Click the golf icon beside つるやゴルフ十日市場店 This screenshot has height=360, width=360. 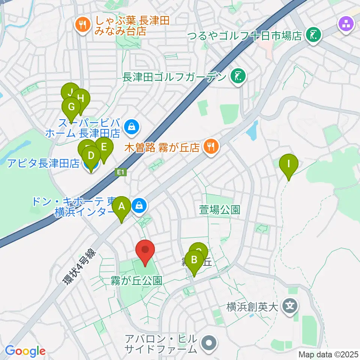313,35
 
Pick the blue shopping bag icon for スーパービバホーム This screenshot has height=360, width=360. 131,127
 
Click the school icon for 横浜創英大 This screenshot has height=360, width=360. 290,306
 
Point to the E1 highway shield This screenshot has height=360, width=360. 120,172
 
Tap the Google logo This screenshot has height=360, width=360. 25,351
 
